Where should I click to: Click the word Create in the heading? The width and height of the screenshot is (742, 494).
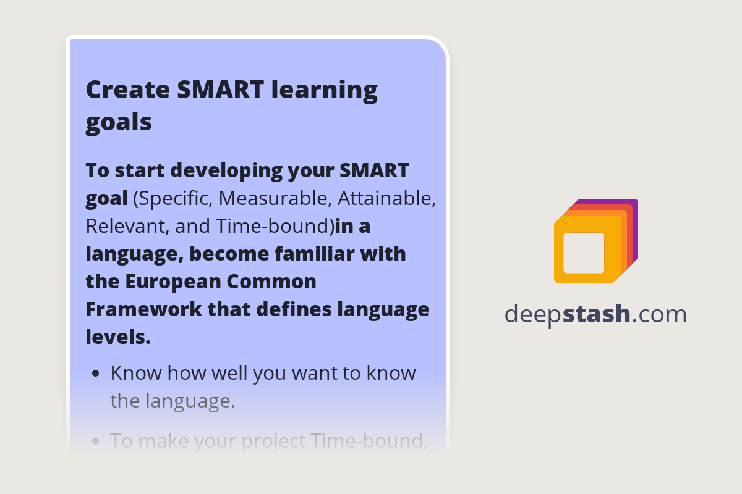tap(127, 90)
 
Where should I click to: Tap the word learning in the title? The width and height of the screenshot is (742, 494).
tap(325, 91)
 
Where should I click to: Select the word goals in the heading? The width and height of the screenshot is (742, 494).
tap(118, 122)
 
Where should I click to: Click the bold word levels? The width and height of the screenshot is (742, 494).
tap(117, 337)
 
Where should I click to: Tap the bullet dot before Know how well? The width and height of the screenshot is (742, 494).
tap(95, 374)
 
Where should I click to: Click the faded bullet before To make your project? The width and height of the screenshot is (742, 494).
tap(95, 442)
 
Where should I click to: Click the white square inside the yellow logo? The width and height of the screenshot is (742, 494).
tap(584, 253)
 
